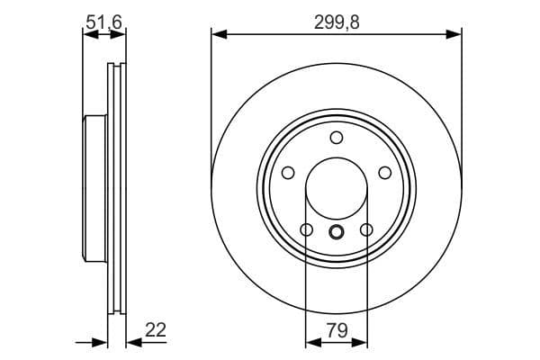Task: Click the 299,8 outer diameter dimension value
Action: pos(337,24)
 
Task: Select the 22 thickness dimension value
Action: pos(156,329)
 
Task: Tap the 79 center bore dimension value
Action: pos(337,329)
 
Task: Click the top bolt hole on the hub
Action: pos(337,138)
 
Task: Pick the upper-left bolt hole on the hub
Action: pos(288,173)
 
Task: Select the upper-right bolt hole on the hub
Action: pos(385,173)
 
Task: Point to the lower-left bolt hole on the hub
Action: pos(306,230)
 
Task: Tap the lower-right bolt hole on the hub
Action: pos(366,230)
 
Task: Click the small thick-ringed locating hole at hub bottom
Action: pos(337,232)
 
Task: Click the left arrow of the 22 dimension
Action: pos(102,342)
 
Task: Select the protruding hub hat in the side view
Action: pos(94,189)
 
